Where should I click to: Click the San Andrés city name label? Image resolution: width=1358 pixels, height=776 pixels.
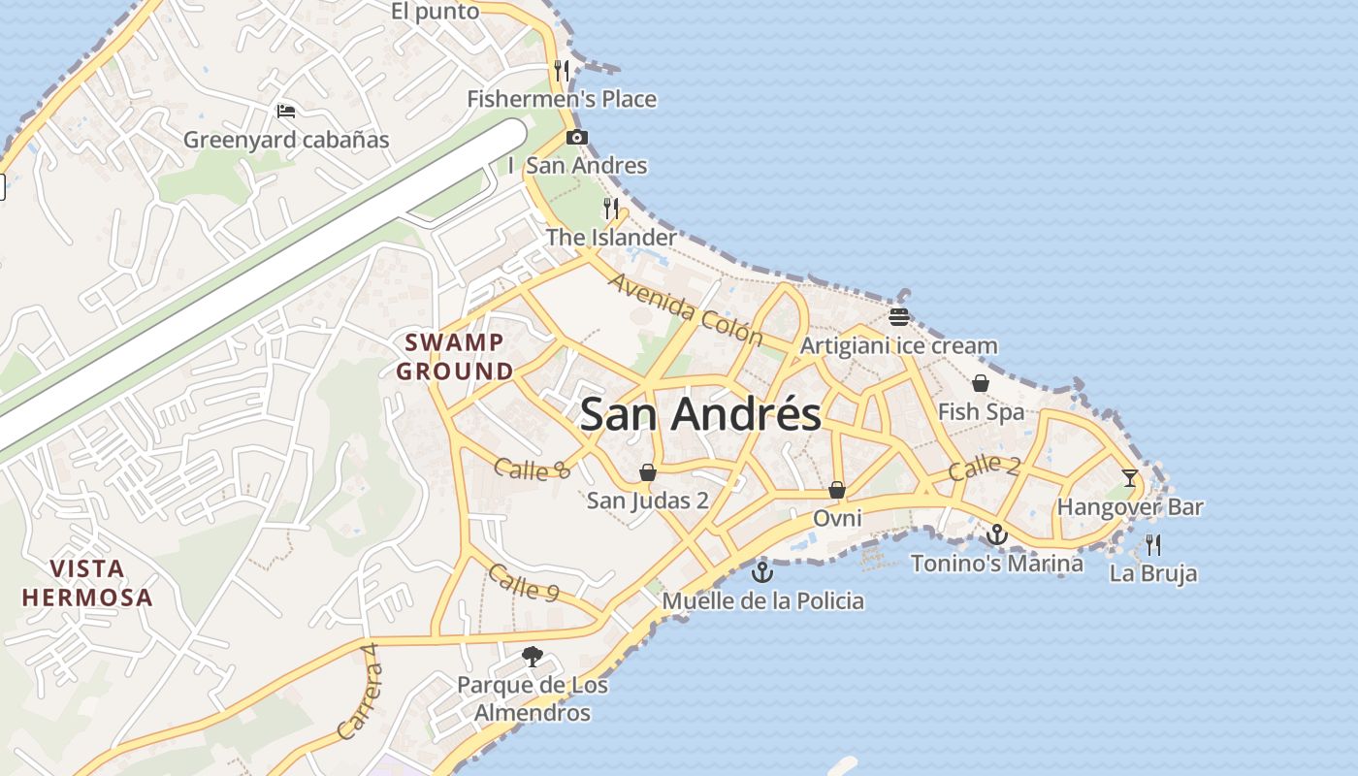point(700,414)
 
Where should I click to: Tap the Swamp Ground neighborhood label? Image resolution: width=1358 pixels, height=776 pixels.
point(455,356)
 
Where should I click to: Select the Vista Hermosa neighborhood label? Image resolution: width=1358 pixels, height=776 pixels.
point(87,582)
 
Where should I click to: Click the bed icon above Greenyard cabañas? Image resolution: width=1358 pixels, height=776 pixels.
point(286,112)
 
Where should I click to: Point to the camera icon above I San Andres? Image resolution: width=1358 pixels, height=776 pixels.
point(577,138)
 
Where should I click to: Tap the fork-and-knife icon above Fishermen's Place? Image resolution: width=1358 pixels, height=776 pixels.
point(562,71)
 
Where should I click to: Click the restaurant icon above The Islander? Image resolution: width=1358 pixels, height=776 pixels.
point(611,209)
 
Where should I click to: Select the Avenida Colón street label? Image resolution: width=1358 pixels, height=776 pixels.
point(686,309)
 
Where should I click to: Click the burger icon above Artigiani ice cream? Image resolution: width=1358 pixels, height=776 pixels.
point(899,317)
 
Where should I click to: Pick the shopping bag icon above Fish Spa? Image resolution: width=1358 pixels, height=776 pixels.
point(981,384)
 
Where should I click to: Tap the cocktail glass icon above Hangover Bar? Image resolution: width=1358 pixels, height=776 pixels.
point(1130,477)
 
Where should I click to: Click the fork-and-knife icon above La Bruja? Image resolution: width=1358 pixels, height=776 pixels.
point(1153,544)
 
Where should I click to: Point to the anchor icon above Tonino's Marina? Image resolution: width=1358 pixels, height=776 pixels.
point(996,534)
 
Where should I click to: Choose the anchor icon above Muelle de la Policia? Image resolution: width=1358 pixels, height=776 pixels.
point(762,572)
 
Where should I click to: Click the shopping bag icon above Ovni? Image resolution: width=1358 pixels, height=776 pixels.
point(837,490)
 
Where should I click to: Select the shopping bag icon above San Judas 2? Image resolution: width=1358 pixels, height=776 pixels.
point(648,472)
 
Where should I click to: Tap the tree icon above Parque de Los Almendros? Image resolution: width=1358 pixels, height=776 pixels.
point(532,657)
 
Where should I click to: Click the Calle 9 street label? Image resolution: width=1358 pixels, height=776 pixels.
point(524,583)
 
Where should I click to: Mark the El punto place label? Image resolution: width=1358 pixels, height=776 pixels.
point(436,12)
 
